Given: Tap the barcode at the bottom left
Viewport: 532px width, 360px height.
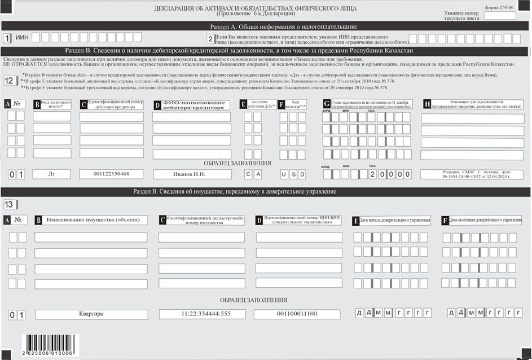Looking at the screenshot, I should tap(47, 344).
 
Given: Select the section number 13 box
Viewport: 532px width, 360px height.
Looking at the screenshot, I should tap(11, 204).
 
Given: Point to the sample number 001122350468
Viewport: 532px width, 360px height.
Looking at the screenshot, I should tap(111, 174).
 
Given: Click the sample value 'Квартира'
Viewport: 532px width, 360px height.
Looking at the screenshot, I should tap(91, 314).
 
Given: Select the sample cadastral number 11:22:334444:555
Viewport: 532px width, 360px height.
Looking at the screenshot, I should tap(202, 314).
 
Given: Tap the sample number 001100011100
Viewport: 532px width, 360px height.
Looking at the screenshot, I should tap(297, 314).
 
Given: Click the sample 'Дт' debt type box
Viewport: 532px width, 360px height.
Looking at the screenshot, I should tap(51, 174).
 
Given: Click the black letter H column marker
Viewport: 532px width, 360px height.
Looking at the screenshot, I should tap(427, 104).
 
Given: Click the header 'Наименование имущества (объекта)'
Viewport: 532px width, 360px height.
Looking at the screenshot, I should tap(94, 219).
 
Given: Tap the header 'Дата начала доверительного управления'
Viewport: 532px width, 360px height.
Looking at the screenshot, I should tap(395, 219).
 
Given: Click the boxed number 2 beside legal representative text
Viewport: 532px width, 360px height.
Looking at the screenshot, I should tap(210, 38).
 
